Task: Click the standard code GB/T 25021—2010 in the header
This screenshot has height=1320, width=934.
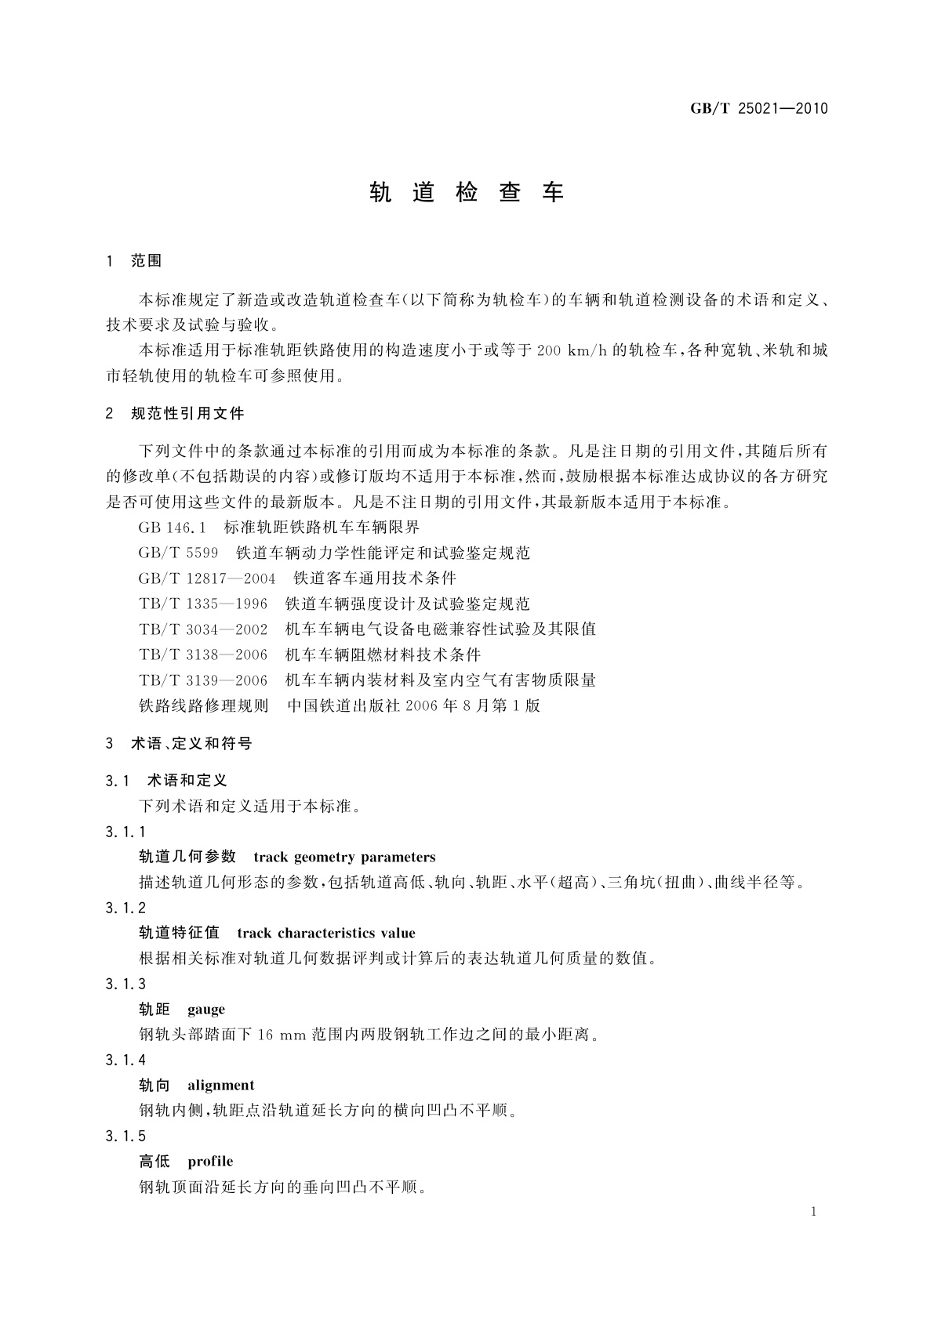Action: tap(758, 108)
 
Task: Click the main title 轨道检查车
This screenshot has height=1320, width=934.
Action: tap(467, 193)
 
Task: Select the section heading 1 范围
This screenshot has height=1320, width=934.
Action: tap(134, 261)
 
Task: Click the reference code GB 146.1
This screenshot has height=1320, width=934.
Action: tap(172, 528)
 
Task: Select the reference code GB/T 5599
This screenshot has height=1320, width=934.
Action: tap(178, 553)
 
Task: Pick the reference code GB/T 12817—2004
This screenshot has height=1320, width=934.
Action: tap(207, 578)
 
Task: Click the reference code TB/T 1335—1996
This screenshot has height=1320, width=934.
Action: tap(203, 604)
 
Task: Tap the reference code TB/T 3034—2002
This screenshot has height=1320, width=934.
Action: tap(203, 629)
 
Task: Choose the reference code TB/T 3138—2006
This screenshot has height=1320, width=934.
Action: tap(203, 655)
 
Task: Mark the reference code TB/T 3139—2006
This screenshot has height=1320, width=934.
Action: tap(203, 680)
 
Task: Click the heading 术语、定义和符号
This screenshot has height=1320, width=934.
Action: tap(191, 743)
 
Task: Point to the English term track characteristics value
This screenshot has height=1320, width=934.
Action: tap(325, 933)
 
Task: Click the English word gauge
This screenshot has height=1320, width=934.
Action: tap(206, 1009)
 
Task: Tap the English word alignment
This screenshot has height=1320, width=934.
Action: tap(220, 1085)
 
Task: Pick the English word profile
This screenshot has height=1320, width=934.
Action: tap(210, 1161)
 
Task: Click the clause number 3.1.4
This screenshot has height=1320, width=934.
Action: tap(125, 1060)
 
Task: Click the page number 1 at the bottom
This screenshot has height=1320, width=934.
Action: tap(813, 1212)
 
